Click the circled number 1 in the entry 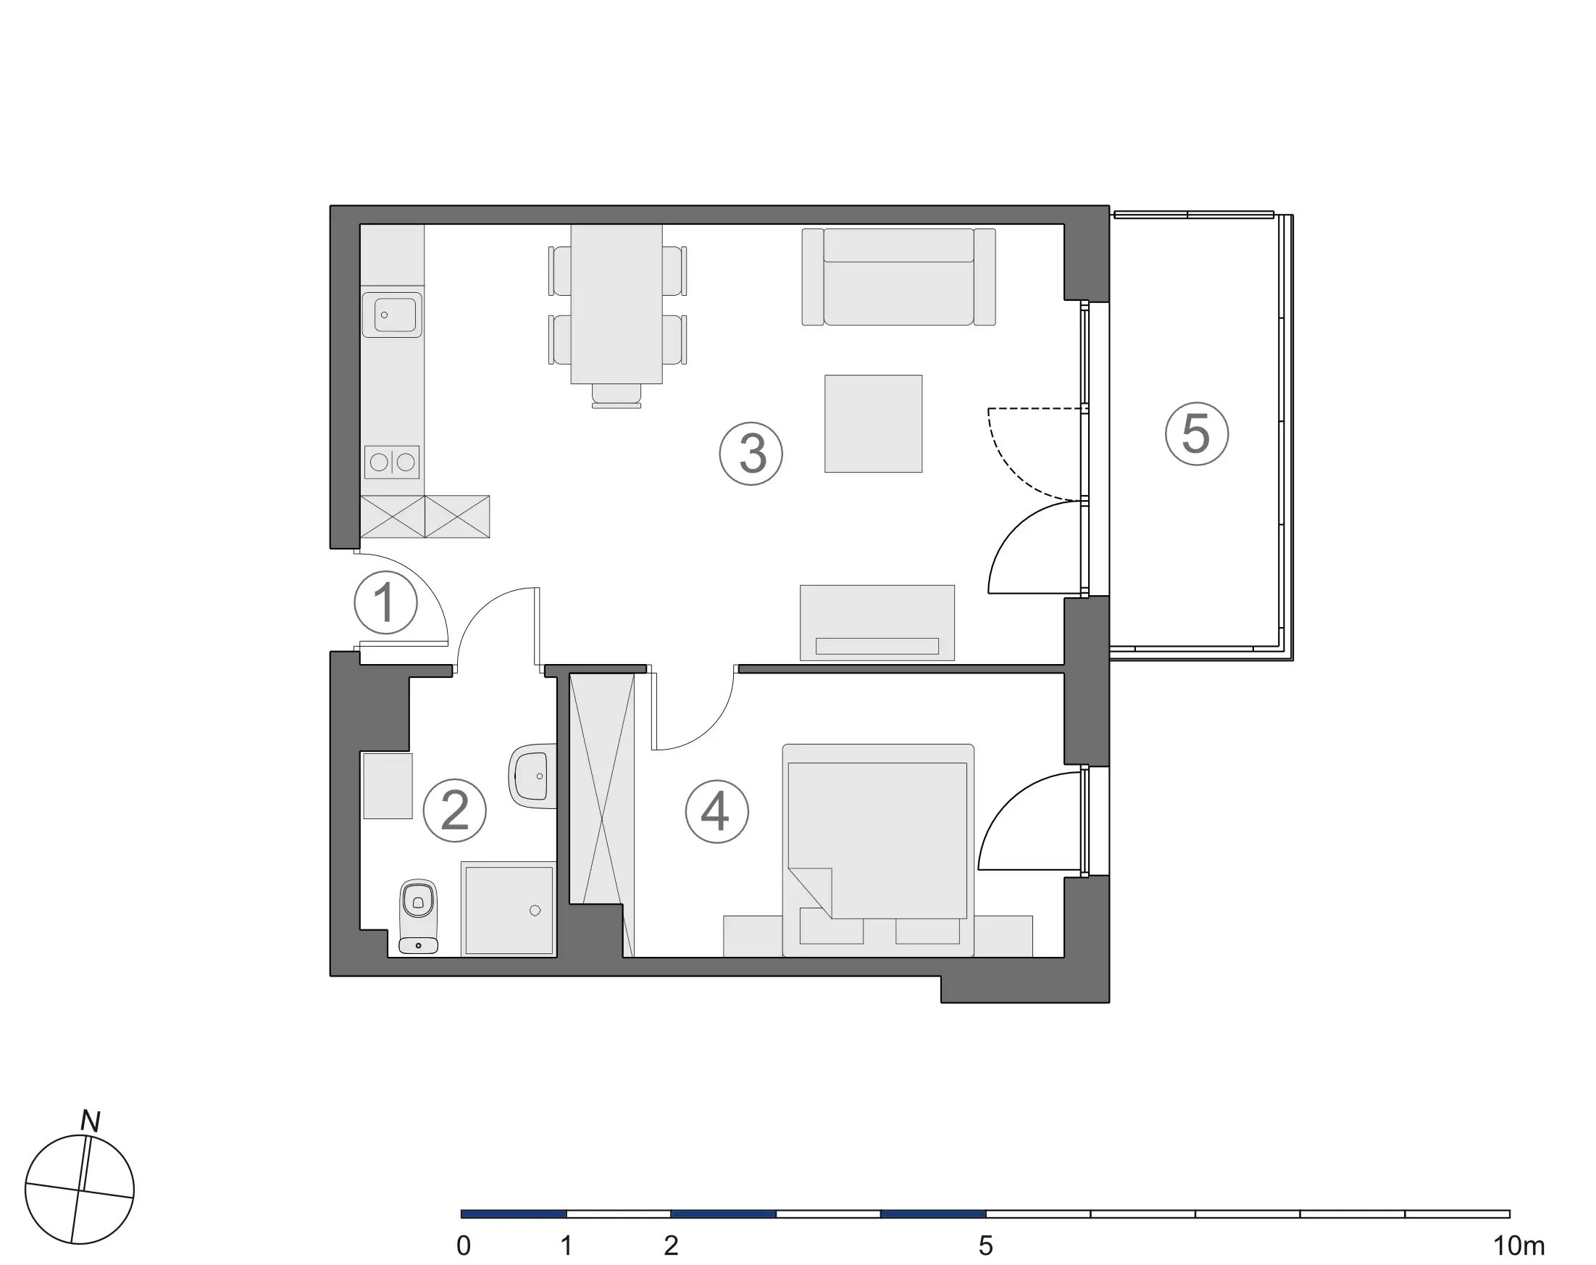pyautogui.click(x=385, y=603)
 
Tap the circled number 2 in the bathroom pyautogui.click(x=454, y=810)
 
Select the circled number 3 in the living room pyautogui.click(x=751, y=453)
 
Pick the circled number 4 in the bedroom pyautogui.click(x=716, y=812)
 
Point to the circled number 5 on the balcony pyautogui.click(x=1197, y=434)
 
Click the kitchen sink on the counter pyautogui.click(x=393, y=315)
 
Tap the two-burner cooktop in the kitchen pyautogui.click(x=393, y=463)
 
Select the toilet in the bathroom pyautogui.click(x=418, y=916)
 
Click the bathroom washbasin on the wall pyautogui.click(x=533, y=776)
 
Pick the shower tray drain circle pyautogui.click(x=535, y=911)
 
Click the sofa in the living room pyautogui.click(x=898, y=276)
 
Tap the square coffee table pyautogui.click(x=874, y=423)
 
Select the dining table pyautogui.click(x=617, y=304)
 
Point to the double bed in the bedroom pyautogui.click(x=878, y=850)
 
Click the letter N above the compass pyautogui.click(x=91, y=1122)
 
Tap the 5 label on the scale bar pyautogui.click(x=985, y=1245)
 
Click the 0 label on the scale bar pyautogui.click(x=464, y=1245)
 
